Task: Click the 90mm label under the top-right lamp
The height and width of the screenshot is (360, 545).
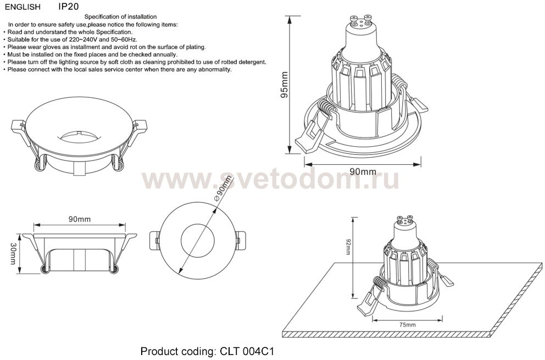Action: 363,171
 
